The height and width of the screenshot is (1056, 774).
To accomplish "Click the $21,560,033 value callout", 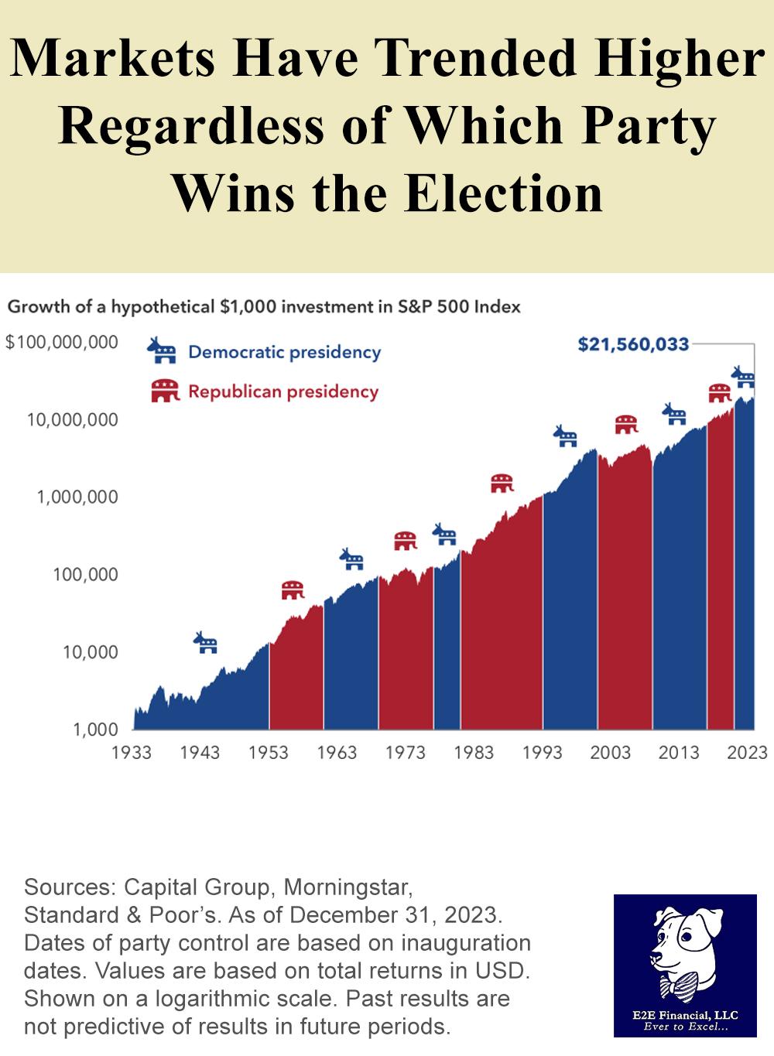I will [x=632, y=343].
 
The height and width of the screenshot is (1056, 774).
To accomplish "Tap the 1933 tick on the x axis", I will [x=132, y=752].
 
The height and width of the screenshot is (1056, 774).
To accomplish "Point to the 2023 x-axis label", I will [x=746, y=752].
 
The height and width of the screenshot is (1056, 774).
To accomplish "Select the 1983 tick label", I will [x=473, y=752].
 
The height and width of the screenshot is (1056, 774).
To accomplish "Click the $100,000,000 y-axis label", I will [x=62, y=342].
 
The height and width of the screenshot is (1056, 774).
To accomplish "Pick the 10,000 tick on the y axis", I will [x=91, y=652].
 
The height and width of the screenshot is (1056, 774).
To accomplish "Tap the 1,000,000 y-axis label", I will [x=77, y=497].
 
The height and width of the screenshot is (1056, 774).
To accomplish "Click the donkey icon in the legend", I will [x=162, y=350].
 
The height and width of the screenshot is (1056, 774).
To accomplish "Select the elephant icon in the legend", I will [x=164, y=391].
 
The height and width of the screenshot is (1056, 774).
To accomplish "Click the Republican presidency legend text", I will [x=283, y=391].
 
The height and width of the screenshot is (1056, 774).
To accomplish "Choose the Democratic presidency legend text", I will [x=284, y=352].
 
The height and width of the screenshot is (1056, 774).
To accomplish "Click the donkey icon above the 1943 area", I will [x=206, y=642].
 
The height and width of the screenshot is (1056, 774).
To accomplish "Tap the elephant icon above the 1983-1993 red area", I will [x=502, y=484].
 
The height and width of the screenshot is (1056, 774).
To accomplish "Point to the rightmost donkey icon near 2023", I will [x=743, y=377].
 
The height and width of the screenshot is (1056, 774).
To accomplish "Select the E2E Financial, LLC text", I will [x=685, y=1015].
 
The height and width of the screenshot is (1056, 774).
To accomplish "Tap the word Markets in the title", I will [x=114, y=59].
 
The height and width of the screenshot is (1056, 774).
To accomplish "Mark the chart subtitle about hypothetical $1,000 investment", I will [x=264, y=306].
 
